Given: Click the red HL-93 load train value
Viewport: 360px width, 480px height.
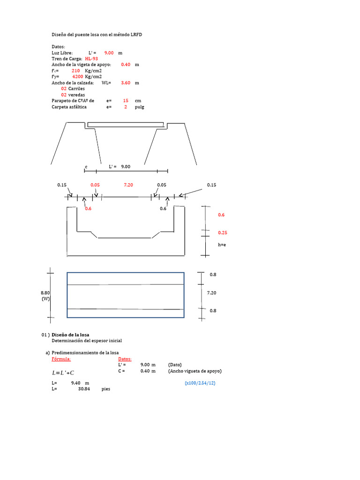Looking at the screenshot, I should pos(91,59).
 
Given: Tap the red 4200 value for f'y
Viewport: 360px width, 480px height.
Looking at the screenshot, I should pos(78,76).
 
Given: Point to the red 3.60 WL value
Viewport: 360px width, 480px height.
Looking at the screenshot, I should pos(126,82).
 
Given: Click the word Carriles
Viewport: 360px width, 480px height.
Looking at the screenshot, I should pos(76,89).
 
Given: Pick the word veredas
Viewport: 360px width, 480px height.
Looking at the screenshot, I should pos(77,95).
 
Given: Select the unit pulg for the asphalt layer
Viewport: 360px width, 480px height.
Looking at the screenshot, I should pos(140,107).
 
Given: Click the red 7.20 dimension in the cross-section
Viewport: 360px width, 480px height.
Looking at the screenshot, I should pos(128,185).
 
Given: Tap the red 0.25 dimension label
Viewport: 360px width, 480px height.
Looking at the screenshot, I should pos(223,232).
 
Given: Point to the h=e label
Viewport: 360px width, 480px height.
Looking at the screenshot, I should pos(222,245).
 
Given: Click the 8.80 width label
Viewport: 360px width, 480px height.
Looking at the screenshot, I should pos(45,292).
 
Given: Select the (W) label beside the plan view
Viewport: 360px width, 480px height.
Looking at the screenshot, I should pos(45,299).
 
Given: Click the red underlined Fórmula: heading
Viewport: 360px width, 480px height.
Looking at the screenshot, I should pos(61,359).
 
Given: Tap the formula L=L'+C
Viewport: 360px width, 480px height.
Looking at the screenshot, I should pos(63,373).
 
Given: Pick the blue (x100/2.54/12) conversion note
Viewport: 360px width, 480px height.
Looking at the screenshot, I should pos(200,383).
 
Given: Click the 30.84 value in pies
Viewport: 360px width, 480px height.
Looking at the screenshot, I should pos(84,389).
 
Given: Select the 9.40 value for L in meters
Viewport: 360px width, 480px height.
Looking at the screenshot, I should pos(76,383).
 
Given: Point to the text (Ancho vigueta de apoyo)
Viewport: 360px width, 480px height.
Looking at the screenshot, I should pos(195,371).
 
